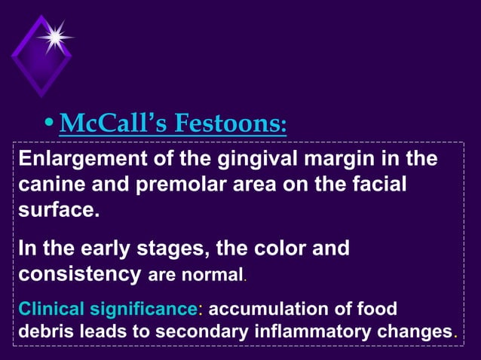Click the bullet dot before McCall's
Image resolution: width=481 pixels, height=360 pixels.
tap(48, 122)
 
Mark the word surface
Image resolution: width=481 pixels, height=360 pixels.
tap(57, 209)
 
